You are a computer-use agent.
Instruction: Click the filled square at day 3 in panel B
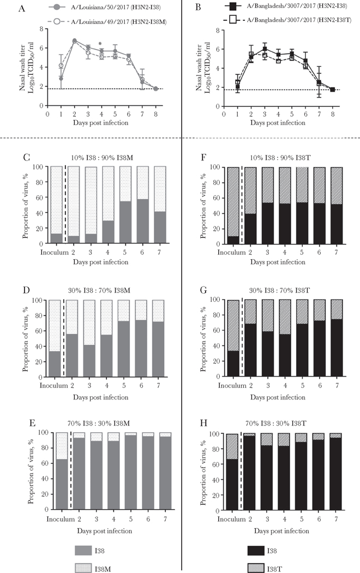point(265,49)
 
